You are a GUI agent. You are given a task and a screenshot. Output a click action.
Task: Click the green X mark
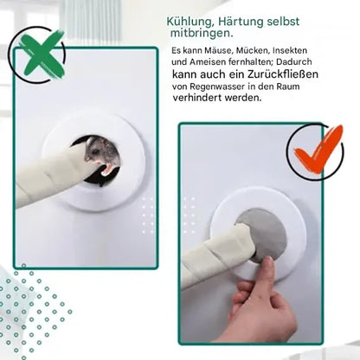tap(42, 54)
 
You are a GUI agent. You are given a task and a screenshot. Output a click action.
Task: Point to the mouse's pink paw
tap(106, 169)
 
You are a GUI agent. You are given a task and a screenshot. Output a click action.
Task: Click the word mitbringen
tap(202, 33)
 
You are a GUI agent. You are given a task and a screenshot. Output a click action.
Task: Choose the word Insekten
tap(290, 50)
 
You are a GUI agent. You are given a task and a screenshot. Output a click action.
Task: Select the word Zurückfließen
tap(283, 74)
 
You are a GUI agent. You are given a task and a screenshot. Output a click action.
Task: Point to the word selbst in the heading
tap(283, 22)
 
